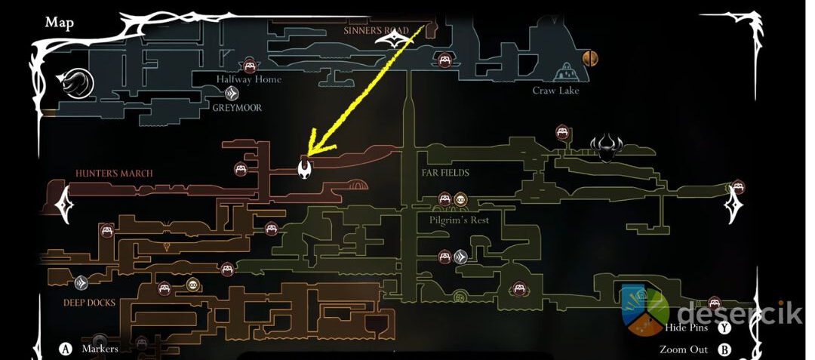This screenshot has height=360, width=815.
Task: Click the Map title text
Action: click(x=59, y=23)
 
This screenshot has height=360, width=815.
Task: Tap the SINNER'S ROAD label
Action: click(x=376, y=31)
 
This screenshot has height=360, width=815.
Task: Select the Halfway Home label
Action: click(x=249, y=79)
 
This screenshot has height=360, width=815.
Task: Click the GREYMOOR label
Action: click(x=237, y=108)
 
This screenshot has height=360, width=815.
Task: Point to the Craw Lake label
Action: click(x=555, y=91)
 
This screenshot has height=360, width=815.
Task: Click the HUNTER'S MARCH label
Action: click(x=114, y=174)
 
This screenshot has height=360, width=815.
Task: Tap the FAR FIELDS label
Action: click(x=445, y=173)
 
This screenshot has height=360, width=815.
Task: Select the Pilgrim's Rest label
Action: click(x=459, y=220)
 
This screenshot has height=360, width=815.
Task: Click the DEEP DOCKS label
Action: click(x=90, y=303)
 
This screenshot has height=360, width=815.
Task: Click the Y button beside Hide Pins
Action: click(x=725, y=328)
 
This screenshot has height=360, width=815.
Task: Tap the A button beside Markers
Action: click(x=66, y=349)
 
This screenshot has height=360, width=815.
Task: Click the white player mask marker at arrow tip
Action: click(x=305, y=168)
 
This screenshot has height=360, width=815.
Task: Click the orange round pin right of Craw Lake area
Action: click(x=590, y=57)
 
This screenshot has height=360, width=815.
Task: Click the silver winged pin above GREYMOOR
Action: click(x=233, y=94)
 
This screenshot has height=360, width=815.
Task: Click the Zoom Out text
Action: click(x=684, y=349)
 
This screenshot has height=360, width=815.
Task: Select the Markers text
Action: click(x=100, y=349)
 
